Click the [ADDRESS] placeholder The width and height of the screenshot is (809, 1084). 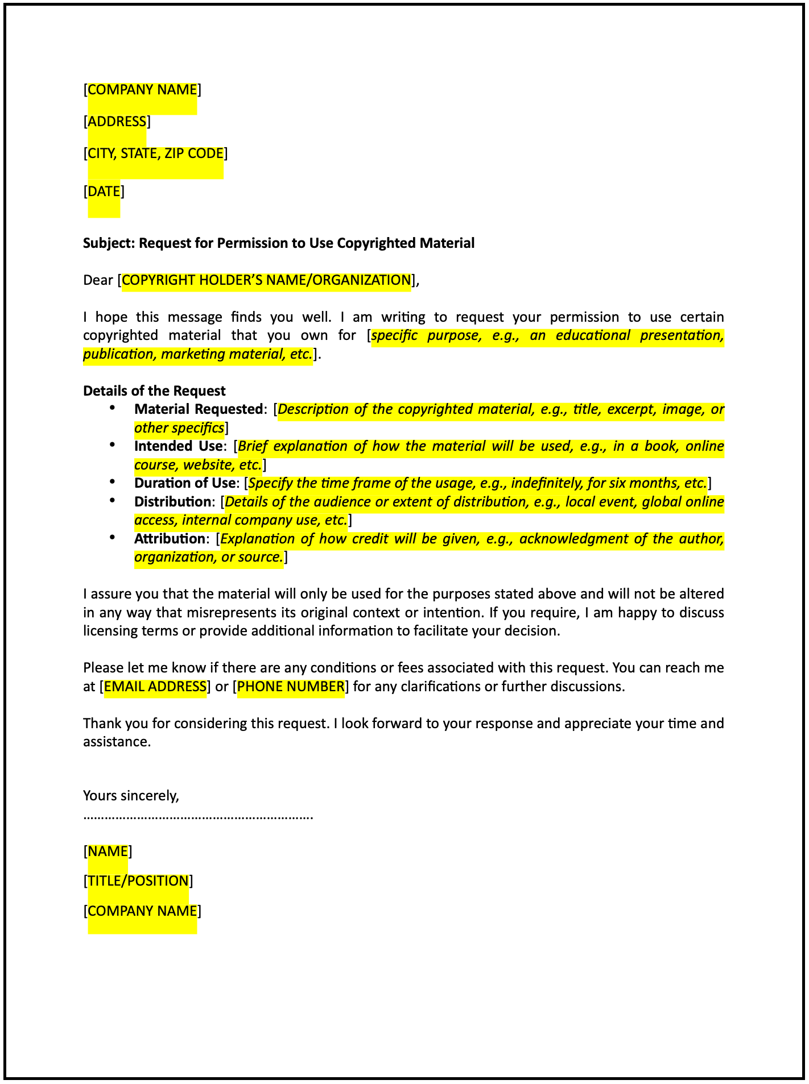[x=117, y=122]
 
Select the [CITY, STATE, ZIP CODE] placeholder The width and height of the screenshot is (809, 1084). [x=155, y=153]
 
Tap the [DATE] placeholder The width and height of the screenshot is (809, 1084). [x=104, y=192]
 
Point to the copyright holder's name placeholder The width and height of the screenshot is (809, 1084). [x=266, y=280]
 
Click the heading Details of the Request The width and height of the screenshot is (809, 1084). [x=154, y=391]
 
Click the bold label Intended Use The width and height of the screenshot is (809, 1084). [x=178, y=446]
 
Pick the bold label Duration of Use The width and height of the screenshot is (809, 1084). [x=184, y=483]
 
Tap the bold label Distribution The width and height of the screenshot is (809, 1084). [x=172, y=502]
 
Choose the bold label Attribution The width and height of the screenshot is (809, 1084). [x=169, y=539]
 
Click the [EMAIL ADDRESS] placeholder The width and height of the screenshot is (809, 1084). [x=155, y=687]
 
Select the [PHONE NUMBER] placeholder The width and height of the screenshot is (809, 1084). [x=291, y=687]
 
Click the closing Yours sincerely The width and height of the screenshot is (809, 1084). [x=131, y=796]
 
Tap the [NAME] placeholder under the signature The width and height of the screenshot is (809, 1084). [x=108, y=852]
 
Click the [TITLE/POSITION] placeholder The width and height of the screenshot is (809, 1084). [x=138, y=881]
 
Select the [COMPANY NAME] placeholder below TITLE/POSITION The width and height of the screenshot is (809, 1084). [x=142, y=911]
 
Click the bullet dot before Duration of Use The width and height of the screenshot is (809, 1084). [x=112, y=482]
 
